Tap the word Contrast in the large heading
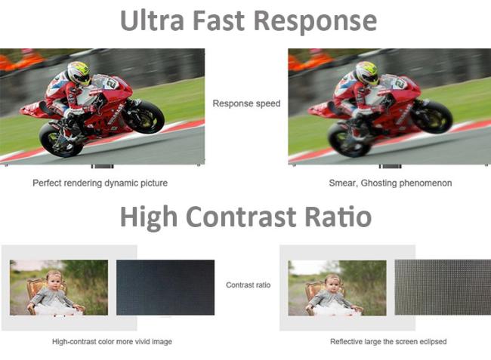241,217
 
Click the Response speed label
246,103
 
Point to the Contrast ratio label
248,285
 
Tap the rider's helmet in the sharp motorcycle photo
79,73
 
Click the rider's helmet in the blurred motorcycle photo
367,73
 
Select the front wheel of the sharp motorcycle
143,115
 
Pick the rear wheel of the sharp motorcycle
61,140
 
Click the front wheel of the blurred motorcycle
431,115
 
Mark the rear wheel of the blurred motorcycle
350,140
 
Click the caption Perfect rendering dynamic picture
100,183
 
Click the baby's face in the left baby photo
54,282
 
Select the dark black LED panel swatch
165,288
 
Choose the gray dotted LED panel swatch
443,288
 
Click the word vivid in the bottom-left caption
142,342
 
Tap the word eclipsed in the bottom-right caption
434,342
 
